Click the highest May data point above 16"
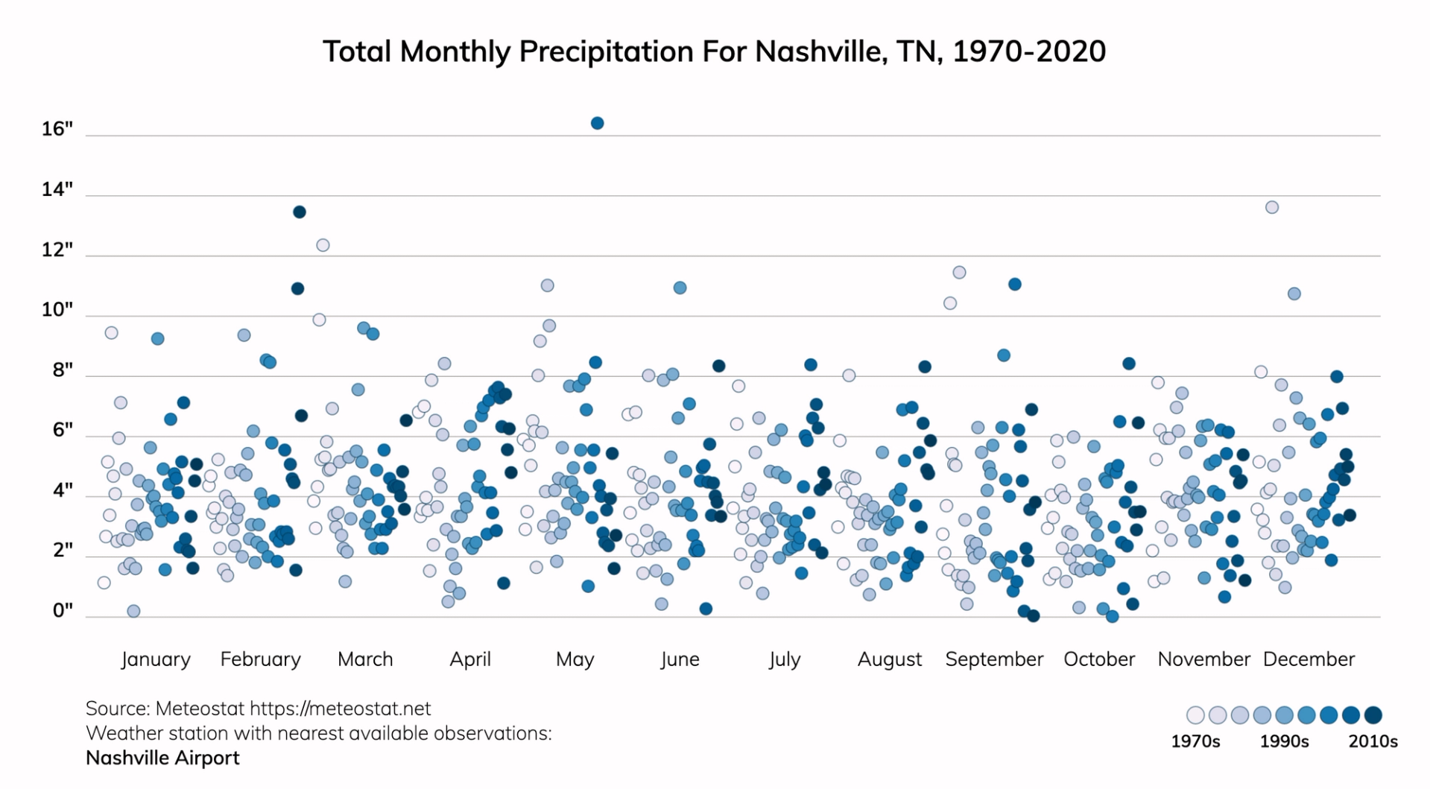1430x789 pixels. pyautogui.click(x=597, y=123)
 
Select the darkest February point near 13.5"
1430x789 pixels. pyautogui.click(x=299, y=212)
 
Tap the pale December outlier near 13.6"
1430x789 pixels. pyautogui.click(x=1272, y=207)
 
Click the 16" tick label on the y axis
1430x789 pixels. pyautogui.click(x=57, y=129)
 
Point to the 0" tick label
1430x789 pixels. pyautogui.click(x=63, y=610)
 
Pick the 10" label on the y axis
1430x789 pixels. pyautogui.click(x=57, y=309)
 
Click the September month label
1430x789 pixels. pyautogui.click(x=994, y=659)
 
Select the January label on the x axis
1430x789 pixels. pyautogui.click(x=156, y=659)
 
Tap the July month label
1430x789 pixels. pyautogui.click(x=785, y=659)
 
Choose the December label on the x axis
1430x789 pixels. pyautogui.click(x=1309, y=659)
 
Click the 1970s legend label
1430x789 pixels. pyautogui.click(x=1195, y=741)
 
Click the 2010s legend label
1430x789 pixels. pyautogui.click(x=1373, y=741)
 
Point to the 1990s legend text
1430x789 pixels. pyautogui.click(x=1284, y=741)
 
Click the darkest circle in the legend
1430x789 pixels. pyautogui.click(x=1373, y=715)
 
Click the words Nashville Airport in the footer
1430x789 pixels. pyautogui.click(x=162, y=758)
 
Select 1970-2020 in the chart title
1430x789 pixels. pyautogui.click(x=1028, y=51)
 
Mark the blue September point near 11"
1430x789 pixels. pyautogui.click(x=1014, y=284)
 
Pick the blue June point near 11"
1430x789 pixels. pyautogui.click(x=680, y=288)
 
